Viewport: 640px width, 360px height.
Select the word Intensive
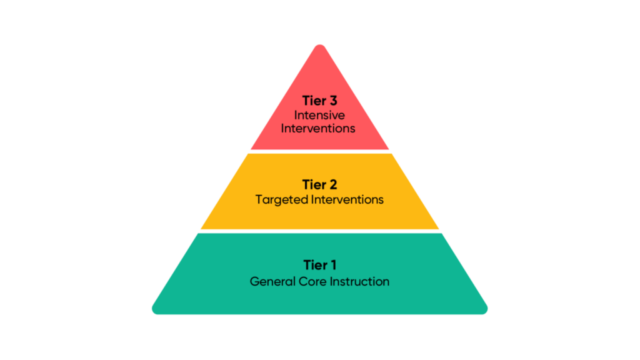tap(319, 115)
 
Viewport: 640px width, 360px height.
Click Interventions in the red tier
tap(319, 128)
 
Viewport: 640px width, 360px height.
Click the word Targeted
tap(282, 200)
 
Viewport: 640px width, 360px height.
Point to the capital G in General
tap(254, 281)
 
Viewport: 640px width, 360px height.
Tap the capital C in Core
tap(300, 281)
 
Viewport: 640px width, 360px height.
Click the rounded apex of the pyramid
tap(319, 47)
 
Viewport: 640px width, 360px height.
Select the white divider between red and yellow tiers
tap(319, 151)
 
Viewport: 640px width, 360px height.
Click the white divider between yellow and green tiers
tap(319, 231)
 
